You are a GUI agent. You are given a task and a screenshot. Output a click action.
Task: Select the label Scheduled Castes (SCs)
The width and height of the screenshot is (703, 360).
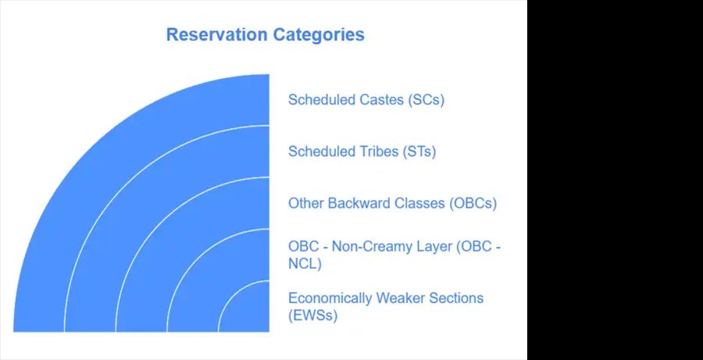[x=366, y=100]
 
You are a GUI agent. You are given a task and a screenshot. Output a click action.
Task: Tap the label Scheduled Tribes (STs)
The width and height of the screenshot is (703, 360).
[x=362, y=151]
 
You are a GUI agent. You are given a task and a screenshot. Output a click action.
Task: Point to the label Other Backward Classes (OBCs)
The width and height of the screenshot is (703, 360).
[x=392, y=204]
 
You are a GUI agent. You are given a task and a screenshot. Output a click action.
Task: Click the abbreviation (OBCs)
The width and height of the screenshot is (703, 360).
[x=473, y=204]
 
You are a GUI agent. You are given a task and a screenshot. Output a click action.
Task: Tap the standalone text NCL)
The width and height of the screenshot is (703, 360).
[x=305, y=265]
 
